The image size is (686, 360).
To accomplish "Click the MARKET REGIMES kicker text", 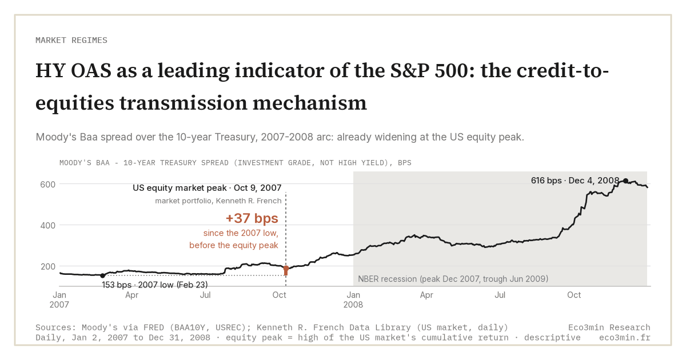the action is (71, 41).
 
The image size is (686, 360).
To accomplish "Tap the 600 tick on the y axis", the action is (48, 185).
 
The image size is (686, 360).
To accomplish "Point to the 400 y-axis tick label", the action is (48, 226).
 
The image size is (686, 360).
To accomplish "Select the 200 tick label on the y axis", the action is (48, 267).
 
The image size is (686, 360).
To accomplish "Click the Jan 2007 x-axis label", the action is (59, 299).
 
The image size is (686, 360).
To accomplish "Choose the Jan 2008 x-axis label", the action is (353, 299).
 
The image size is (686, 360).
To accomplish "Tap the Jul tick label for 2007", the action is (205, 295).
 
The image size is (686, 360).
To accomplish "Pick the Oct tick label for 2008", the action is (574, 295).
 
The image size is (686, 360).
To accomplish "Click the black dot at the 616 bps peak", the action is (625, 181).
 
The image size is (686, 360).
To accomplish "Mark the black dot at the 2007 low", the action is (102, 275).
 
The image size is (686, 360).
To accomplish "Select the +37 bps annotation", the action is (252, 218).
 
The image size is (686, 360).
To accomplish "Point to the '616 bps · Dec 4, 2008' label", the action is (575, 181).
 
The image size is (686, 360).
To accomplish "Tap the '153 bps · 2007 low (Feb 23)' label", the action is (155, 285).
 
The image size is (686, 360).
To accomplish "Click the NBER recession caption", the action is (453, 279).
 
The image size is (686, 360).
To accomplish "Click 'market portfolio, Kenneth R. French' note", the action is (218, 201).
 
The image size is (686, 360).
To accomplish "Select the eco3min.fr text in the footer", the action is (625, 338).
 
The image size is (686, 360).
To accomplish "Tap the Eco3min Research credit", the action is (609, 327).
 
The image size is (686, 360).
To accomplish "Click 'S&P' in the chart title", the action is (410, 71).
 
